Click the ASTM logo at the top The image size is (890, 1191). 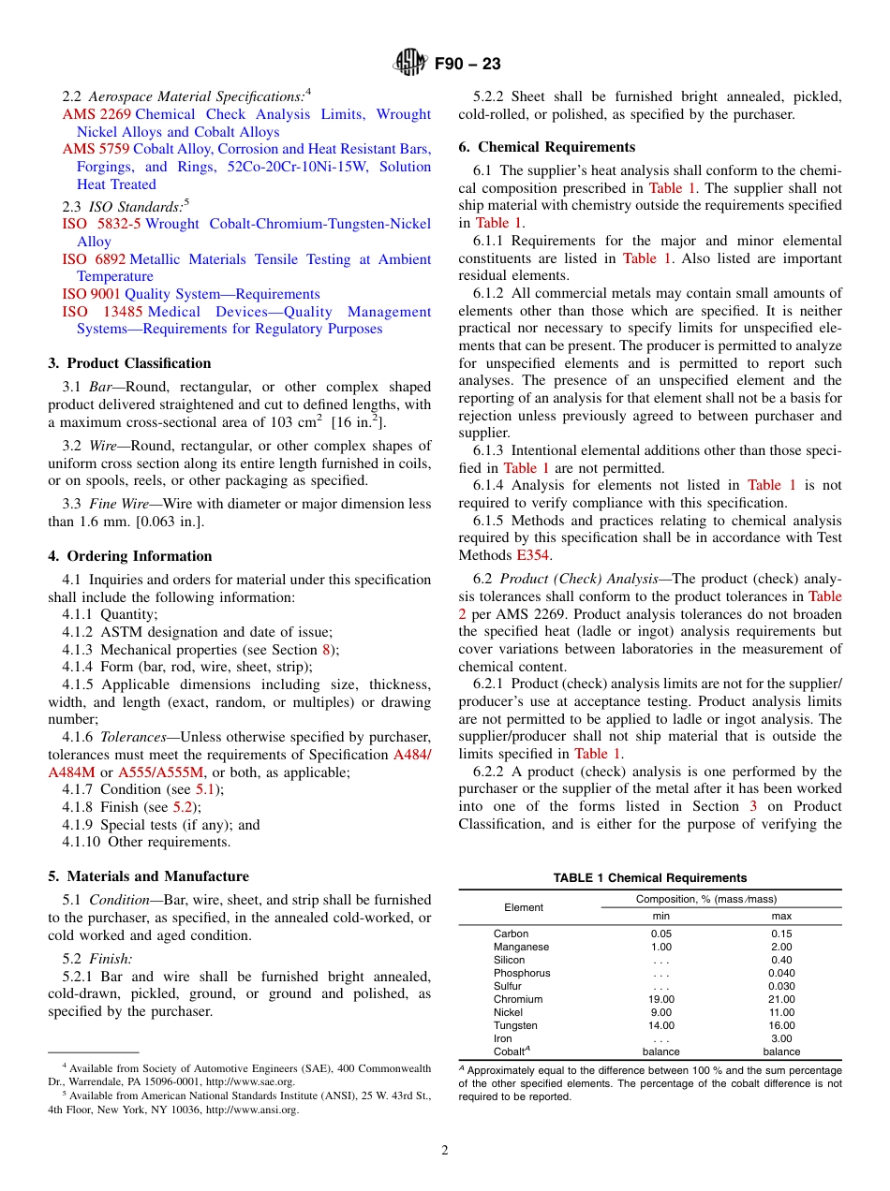(409, 64)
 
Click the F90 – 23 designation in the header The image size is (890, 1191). (467, 64)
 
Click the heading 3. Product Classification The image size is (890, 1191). (129, 363)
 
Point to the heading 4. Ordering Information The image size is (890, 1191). (130, 556)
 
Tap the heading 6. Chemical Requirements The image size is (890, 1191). (546, 147)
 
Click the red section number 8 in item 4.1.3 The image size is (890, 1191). (326, 650)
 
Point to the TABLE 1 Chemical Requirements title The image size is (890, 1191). (649, 878)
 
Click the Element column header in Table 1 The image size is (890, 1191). (524, 907)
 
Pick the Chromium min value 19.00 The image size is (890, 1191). (661, 999)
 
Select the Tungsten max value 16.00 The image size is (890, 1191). (781, 1025)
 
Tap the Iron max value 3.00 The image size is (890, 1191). (781, 1038)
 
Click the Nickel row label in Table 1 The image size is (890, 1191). (509, 1012)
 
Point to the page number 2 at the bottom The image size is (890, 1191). (445, 1151)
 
